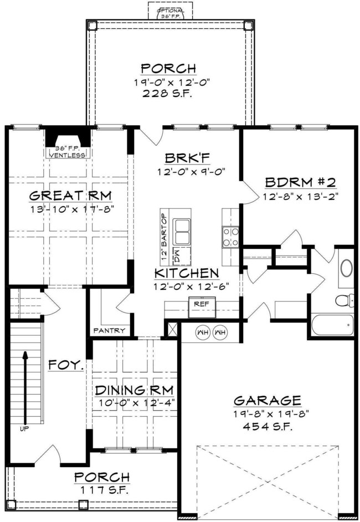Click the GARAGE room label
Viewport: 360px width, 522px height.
(x=268, y=400)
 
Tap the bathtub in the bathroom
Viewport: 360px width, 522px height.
(x=332, y=324)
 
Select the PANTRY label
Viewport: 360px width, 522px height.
(x=109, y=331)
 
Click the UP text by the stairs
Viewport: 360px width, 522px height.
(x=25, y=428)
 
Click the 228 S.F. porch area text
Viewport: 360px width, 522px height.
(x=168, y=94)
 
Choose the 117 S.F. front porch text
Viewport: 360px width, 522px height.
(x=102, y=489)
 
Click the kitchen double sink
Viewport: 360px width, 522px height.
(x=182, y=231)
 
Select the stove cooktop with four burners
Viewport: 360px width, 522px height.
(x=230, y=237)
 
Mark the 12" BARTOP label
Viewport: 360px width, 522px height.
(x=164, y=237)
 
